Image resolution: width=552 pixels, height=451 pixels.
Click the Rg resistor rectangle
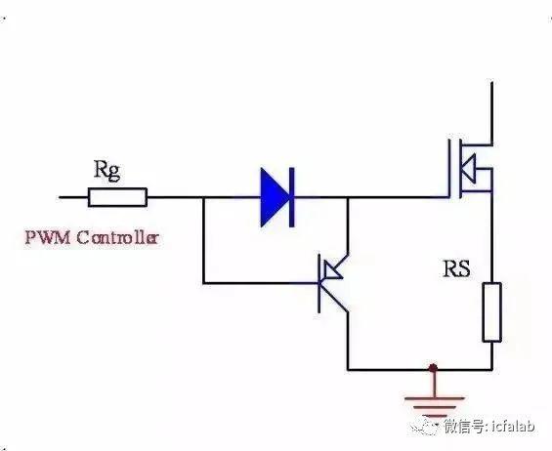(x=117, y=197)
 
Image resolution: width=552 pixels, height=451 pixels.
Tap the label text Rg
(x=107, y=170)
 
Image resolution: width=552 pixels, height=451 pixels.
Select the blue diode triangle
(x=275, y=197)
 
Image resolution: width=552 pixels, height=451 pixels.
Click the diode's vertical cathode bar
(x=291, y=197)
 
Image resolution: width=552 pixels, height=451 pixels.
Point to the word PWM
(x=48, y=238)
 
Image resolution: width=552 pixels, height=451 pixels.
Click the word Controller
(x=117, y=238)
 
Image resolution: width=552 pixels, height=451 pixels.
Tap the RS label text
(x=456, y=268)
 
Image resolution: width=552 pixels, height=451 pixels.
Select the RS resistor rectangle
(x=491, y=312)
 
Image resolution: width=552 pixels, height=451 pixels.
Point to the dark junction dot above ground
(x=433, y=368)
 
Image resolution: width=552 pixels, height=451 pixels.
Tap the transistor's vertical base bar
(x=318, y=283)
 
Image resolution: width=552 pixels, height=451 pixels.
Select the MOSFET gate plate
(x=450, y=168)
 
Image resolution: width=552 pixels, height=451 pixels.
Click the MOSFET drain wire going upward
(x=491, y=113)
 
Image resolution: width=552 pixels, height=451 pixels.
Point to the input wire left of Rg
(x=73, y=197)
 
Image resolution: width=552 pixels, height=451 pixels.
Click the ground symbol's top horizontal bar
(x=434, y=398)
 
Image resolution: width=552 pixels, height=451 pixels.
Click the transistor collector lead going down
(x=348, y=341)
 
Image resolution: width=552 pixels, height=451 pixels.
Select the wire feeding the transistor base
(x=261, y=283)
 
